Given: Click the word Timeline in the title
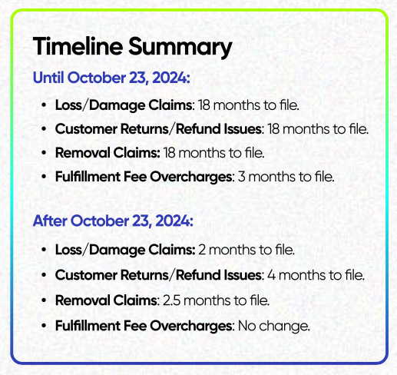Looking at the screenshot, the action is click(78, 46).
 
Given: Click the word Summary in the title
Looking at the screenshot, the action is click(180, 48).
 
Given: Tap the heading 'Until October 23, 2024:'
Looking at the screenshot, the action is click(111, 78).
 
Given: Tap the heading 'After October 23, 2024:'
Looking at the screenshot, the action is click(113, 221).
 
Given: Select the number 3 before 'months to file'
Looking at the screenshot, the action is click(241, 177).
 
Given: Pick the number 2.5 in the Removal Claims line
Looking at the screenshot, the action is click(171, 300).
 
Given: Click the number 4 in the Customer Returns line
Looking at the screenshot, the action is click(271, 275).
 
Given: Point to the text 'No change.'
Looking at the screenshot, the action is click(274, 326).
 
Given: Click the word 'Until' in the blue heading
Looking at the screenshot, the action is click(48, 78).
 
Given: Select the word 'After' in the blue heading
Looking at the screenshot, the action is click(50, 221).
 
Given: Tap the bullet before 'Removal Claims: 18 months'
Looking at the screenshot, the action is click(44, 153).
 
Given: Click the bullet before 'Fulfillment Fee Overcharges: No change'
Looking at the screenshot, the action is click(44, 326).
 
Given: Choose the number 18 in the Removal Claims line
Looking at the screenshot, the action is click(169, 153).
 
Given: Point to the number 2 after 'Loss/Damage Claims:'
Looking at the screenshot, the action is click(202, 250).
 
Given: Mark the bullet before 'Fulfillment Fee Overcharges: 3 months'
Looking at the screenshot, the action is click(44, 177).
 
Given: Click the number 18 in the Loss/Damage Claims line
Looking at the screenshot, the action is click(204, 105).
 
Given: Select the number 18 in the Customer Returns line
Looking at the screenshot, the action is click(273, 129).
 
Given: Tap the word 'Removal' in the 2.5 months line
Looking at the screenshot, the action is click(83, 300).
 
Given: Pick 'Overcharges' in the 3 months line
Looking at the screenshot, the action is click(191, 178).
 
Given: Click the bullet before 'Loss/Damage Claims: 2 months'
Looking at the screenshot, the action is click(44, 250).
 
